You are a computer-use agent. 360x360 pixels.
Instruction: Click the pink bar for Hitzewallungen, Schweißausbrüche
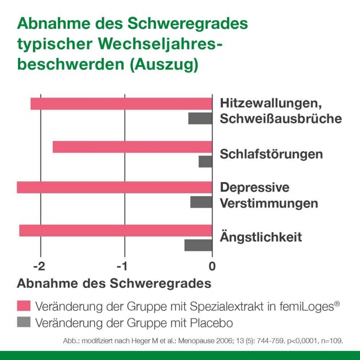(121, 104)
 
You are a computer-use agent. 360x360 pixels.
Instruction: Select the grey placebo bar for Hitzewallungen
(200, 119)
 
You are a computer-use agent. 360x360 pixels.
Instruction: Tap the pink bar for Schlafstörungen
(132, 147)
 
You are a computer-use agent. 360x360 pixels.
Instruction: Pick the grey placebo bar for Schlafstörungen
(205, 162)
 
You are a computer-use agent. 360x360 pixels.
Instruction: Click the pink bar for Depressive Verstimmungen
(114, 187)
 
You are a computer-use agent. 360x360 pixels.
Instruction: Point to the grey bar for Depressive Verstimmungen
(201, 202)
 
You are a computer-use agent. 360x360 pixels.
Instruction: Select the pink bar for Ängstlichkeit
(116, 230)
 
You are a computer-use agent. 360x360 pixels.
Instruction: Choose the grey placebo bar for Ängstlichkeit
(198, 245)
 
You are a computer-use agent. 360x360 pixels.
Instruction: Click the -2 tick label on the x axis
(39, 266)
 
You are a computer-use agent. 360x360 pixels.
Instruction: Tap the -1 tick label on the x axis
(123, 266)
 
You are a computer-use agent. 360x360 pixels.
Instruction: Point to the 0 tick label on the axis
(212, 266)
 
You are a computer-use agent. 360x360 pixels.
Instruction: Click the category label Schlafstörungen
(271, 154)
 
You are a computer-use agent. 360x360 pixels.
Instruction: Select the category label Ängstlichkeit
(261, 237)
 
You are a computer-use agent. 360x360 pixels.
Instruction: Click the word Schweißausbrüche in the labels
(281, 119)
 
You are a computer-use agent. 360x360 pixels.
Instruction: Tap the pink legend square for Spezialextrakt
(24, 306)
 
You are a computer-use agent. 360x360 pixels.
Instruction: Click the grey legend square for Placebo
(24, 322)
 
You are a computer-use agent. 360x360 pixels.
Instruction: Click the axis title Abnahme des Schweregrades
(114, 284)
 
